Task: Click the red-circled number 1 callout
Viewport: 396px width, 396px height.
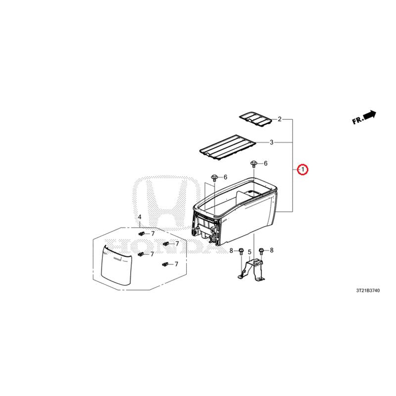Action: [x=302, y=169]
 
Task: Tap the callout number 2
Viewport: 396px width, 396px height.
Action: [x=279, y=119]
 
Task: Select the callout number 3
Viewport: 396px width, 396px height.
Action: [x=271, y=143]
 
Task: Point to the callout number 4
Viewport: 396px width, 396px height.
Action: [x=140, y=217]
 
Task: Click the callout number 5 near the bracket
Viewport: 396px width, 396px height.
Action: [x=249, y=252]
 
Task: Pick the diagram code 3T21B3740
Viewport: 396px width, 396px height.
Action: [x=368, y=291]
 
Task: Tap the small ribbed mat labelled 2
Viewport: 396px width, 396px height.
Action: [x=256, y=119]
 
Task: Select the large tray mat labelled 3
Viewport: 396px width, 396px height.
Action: [x=227, y=147]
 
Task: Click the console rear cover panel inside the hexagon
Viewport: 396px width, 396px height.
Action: [x=116, y=265]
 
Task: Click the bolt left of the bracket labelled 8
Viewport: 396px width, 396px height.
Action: [x=241, y=251]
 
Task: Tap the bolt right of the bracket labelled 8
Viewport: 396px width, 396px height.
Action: [x=261, y=251]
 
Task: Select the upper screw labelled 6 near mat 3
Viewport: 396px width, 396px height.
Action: [x=253, y=163]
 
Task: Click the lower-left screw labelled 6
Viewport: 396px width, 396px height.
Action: [x=214, y=178]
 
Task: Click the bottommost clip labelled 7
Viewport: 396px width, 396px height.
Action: [x=165, y=264]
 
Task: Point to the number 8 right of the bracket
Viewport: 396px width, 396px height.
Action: [x=271, y=250]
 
